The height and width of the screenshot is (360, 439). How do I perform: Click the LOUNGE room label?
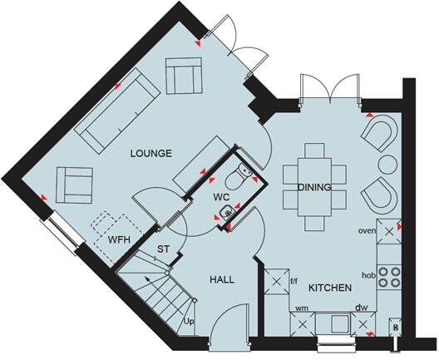[x=150, y=153]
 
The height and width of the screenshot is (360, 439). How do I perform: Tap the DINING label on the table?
[x=314, y=187]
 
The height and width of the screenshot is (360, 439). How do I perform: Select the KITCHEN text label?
[x=329, y=288]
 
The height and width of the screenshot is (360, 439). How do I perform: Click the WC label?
[x=221, y=197]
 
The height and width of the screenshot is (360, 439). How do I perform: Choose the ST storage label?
[x=164, y=249]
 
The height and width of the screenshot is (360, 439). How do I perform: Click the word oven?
[x=367, y=230]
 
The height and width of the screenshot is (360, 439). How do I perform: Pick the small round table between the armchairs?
[x=387, y=162]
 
